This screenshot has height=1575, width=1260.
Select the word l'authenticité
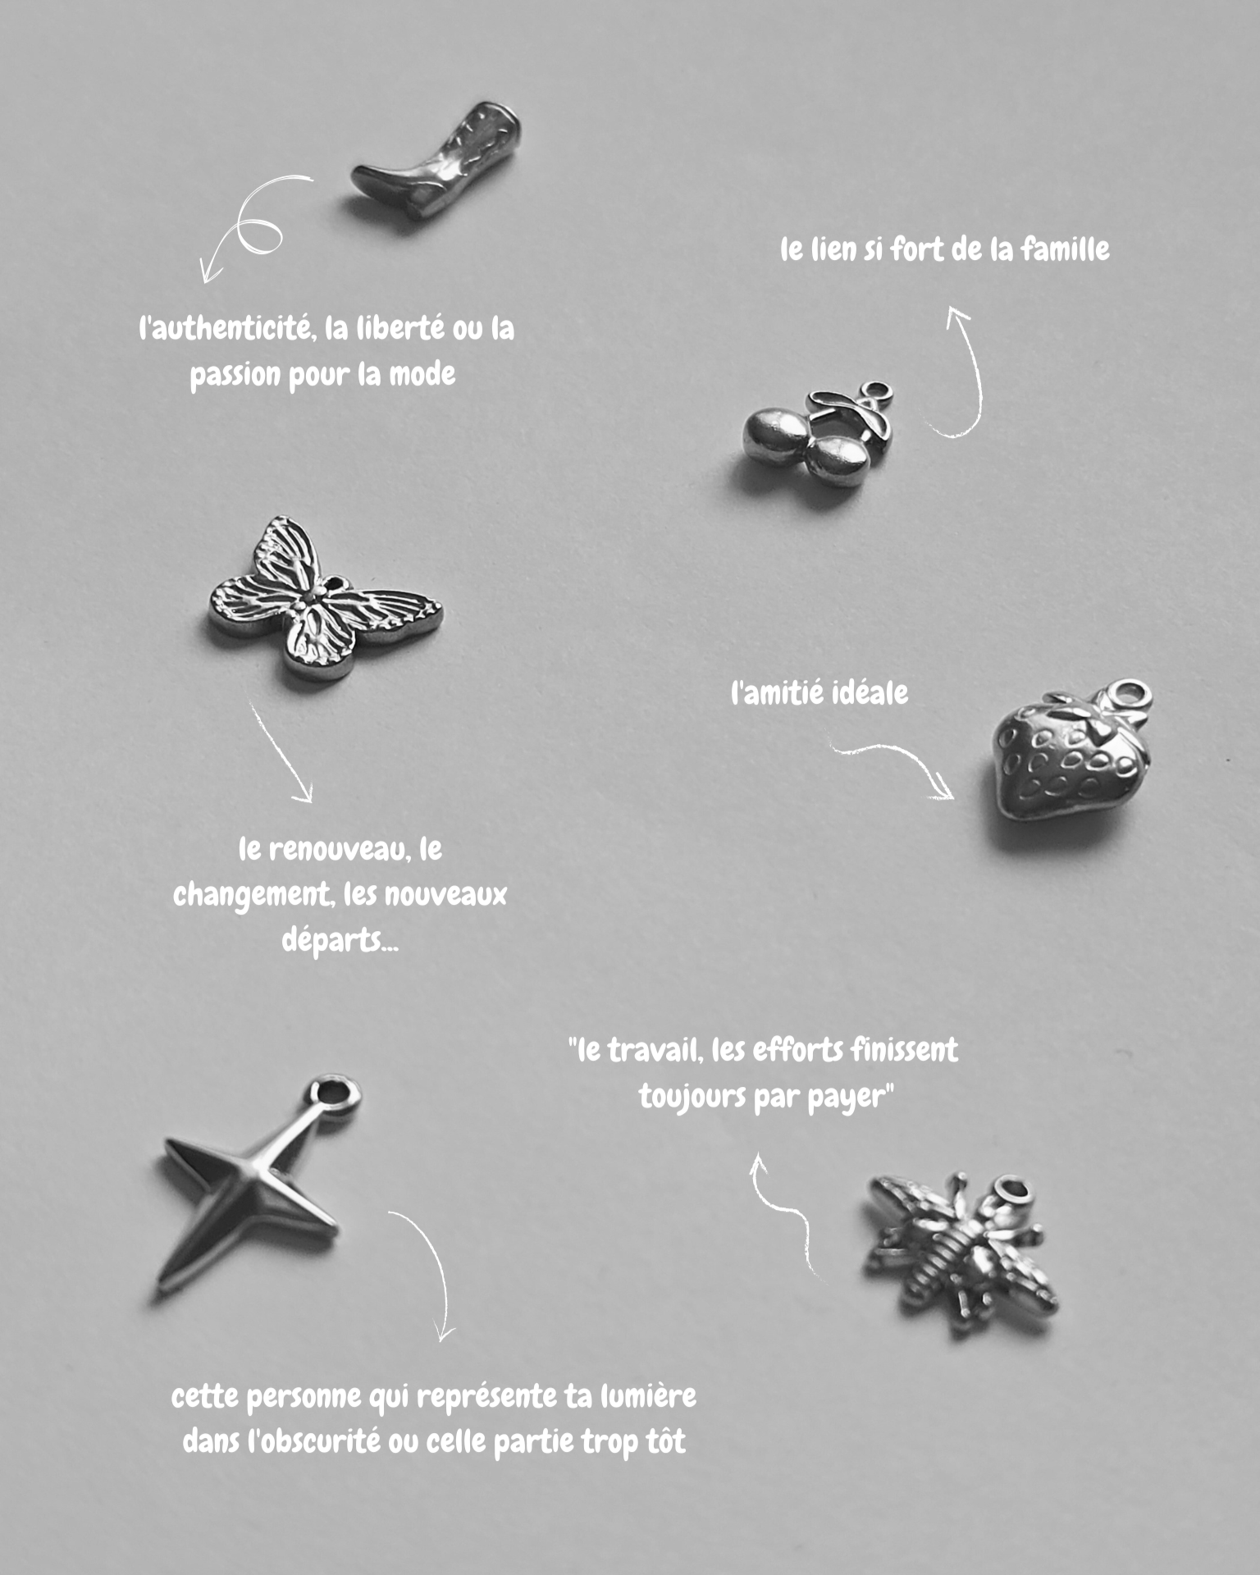(226, 329)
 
